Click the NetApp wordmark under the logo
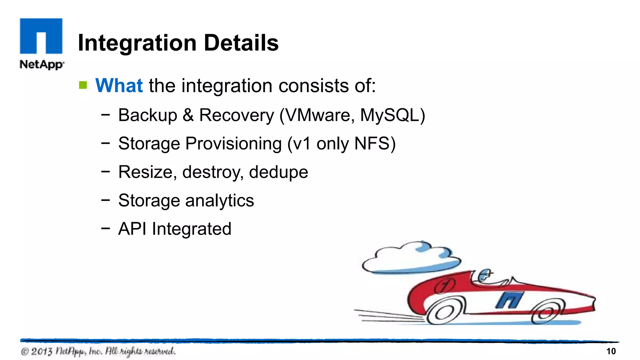[x=42, y=64]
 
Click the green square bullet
[x=83, y=85]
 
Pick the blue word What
[x=119, y=85]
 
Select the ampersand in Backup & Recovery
[x=188, y=115]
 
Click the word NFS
[x=372, y=143]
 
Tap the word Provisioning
[x=233, y=143]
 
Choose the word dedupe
[x=278, y=172]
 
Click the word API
[x=132, y=229]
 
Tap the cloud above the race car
[x=411, y=258]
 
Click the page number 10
[x=611, y=351]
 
